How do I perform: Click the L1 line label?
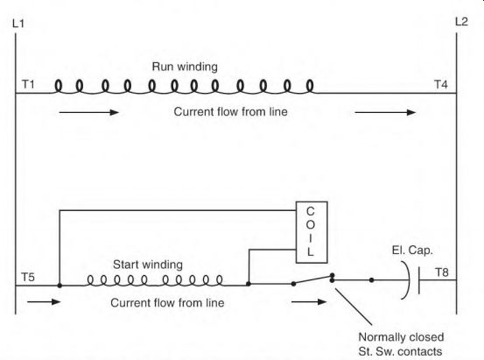click(x=18, y=24)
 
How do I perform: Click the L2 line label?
click(x=461, y=22)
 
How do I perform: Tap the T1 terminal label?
click(x=28, y=84)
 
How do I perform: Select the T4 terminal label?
click(x=441, y=84)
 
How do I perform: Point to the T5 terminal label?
click(x=28, y=277)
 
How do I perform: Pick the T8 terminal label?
click(x=442, y=272)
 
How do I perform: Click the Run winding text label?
click(x=185, y=67)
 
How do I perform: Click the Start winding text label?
click(x=148, y=265)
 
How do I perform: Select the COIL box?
click(x=312, y=232)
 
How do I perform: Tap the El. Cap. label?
click(x=412, y=250)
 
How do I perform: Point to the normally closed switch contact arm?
click(x=312, y=279)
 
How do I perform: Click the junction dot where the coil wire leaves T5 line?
click(x=60, y=286)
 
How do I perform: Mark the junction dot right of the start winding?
click(x=249, y=284)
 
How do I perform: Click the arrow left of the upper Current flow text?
click(x=89, y=112)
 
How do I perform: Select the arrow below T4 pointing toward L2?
click(x=385, y=112)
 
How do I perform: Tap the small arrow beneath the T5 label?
click(x=44, y=301)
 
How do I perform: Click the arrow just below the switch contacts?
click(x=309, y=301)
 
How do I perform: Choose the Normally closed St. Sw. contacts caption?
click(x=401, y=344)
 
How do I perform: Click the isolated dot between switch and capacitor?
click(x=372, y=280)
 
